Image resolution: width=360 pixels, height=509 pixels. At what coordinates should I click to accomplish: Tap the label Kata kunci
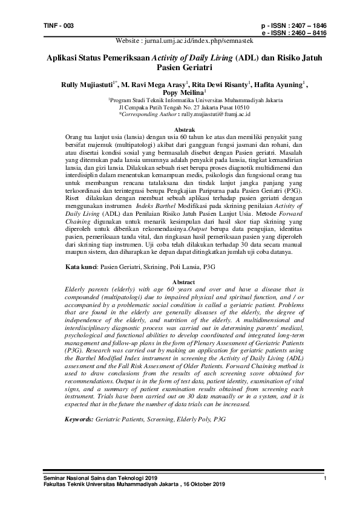pos(80,267)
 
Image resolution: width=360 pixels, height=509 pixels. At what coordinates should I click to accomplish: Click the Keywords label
pos(79,418)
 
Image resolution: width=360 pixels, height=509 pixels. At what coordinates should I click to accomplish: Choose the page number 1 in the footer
pos(325,479)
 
